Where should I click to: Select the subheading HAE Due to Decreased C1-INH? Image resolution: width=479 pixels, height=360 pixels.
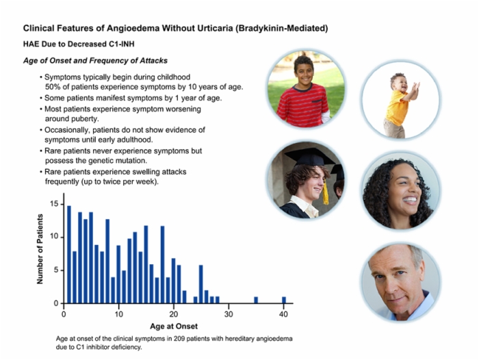click(79, 44)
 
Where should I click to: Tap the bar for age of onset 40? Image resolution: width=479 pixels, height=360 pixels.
click(284, 300)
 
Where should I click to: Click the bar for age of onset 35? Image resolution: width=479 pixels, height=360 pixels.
click(256, 300)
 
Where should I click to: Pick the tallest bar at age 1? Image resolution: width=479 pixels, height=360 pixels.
click(69, 255)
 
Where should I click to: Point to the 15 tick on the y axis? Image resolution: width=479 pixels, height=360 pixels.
click(62, 204)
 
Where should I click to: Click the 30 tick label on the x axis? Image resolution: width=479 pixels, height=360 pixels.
click(229, 314)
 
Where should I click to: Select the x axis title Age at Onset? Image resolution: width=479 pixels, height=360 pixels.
click(174, 326)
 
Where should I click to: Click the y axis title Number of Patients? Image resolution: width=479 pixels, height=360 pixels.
click(40, 248)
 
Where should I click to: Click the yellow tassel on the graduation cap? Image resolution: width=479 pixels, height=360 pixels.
click(326, 192)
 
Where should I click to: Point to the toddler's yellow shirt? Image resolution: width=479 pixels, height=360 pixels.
click(396, 107)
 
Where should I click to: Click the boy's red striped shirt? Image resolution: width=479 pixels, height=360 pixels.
click(303, 105)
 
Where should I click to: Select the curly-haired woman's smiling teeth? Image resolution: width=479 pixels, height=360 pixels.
click(410, 201)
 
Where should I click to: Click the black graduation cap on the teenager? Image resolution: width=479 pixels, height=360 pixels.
click(309, 157)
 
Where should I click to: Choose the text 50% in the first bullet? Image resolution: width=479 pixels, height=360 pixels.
click(52, 87)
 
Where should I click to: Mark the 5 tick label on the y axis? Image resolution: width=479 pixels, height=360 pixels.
click(56, 270)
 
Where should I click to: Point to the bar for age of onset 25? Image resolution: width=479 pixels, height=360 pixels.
click(200, 284)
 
